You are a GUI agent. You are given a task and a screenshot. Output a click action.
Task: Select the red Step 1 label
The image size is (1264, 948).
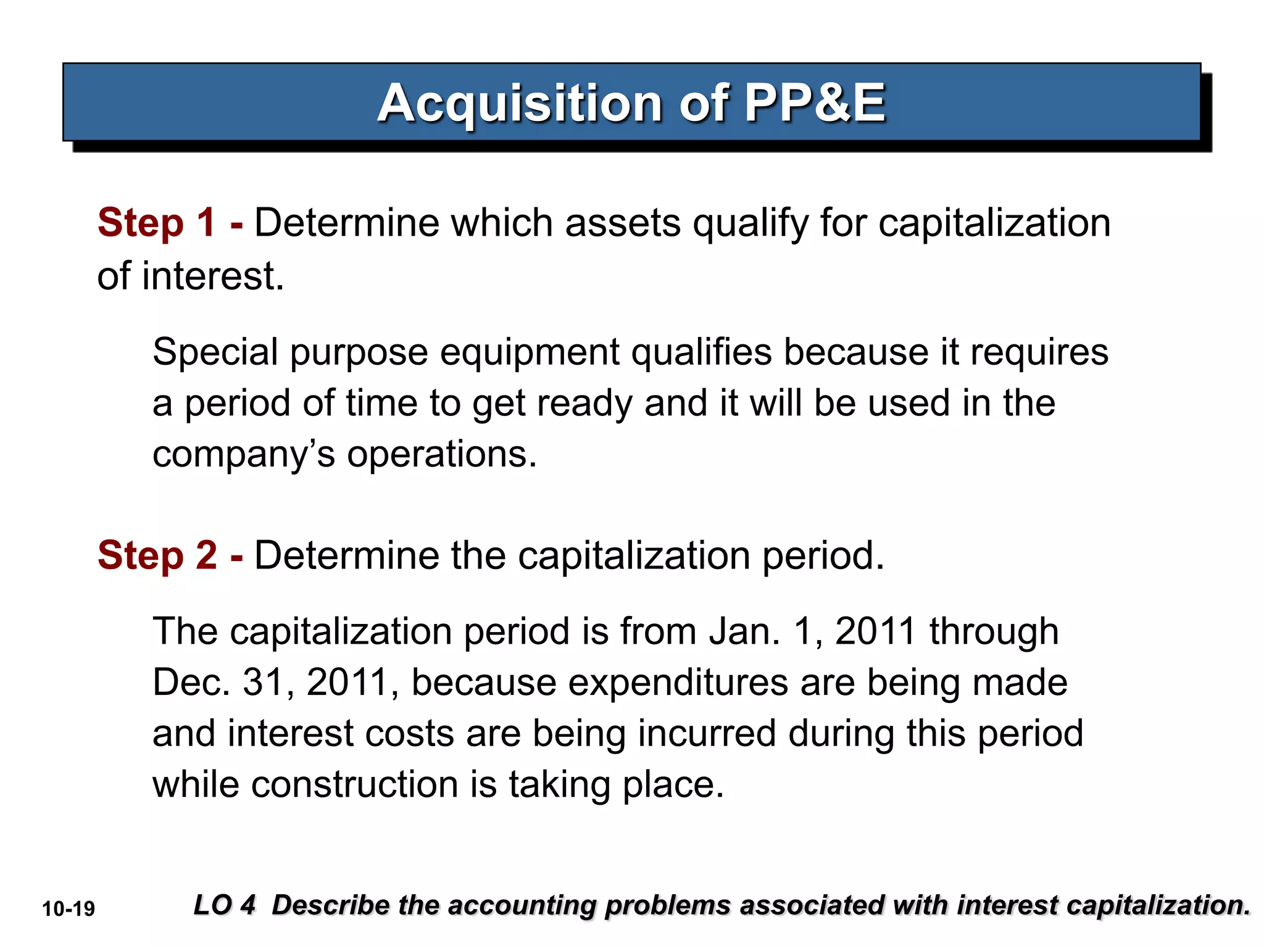[157, 222]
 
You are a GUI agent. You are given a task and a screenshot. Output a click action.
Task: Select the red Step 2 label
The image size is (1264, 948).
[157, 555]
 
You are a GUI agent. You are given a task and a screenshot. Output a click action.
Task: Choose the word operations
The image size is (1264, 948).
[442, 455]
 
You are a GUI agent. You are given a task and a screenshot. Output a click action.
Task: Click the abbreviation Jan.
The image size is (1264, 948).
[744, 631]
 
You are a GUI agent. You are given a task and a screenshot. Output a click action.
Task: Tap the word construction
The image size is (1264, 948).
[355, 785]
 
